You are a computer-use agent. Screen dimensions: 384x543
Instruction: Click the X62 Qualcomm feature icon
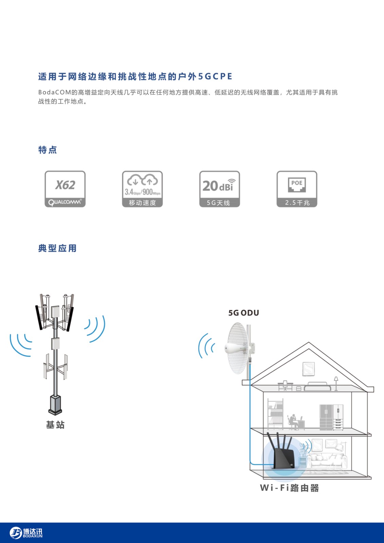click(x=65, y=189)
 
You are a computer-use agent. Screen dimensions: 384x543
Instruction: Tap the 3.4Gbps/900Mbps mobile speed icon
click(x=142, y=189)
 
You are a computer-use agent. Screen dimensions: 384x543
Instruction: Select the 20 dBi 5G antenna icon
click(x=220, y=189)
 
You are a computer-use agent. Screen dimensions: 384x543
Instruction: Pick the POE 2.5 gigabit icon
click(x=297, y=189)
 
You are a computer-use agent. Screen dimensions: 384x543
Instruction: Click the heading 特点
click(x=48, y=150)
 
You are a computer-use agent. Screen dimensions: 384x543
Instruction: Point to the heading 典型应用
click(x=57, y=248)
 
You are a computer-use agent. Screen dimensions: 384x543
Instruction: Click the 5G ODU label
click(x=243, y=313)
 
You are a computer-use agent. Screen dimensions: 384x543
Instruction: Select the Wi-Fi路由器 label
click(x=289, y=488)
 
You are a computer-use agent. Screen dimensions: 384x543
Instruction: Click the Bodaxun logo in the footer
click(x=26, y=533)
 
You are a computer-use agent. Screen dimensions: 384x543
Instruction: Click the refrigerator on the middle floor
click(x=331, y=417)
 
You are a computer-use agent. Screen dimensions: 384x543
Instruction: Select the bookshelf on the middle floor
click(x=275, y=414)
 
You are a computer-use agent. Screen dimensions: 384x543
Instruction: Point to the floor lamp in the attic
click(x=336, y=383)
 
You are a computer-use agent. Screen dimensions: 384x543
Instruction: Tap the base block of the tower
click(x=55, y=405)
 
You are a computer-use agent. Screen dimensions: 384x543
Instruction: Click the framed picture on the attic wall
click(x=309, y=369)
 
